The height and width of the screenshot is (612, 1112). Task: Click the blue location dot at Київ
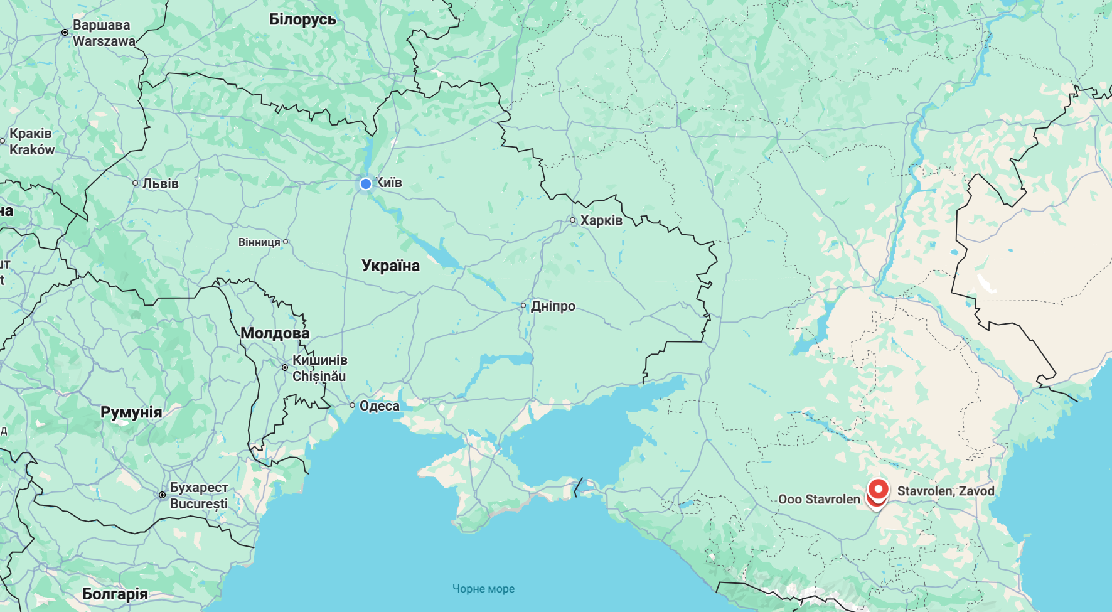coord(366,184)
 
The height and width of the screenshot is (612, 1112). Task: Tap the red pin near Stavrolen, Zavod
coord(879,488)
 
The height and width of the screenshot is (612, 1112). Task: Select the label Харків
coord(601,220)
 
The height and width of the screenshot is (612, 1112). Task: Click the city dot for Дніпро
coord(523,306)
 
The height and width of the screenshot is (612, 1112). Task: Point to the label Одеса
coord(379,405)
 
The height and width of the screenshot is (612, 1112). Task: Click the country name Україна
coord(390,266)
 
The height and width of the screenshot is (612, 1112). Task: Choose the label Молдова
coord(275,333)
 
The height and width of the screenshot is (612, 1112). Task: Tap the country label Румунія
coord(131,412)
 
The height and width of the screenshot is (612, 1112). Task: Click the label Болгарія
coord(115,594)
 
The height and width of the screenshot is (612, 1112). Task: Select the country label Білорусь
coord(302,19)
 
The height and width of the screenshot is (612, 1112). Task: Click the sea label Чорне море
coord(483,589)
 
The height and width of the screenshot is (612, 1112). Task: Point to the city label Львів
coord(161,183)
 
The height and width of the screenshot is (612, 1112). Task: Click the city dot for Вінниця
coord(286,242)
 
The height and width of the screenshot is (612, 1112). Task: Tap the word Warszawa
coord(104,41)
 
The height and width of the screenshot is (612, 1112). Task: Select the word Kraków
coord(32,150)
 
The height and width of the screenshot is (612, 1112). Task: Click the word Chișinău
coord(319,377)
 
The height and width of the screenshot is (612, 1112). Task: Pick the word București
coord(199,504)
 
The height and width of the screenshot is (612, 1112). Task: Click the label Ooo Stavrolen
coord(819,499)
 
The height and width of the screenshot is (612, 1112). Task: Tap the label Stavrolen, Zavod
coord(946,491)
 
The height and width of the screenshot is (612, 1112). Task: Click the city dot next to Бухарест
coord(162,495)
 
